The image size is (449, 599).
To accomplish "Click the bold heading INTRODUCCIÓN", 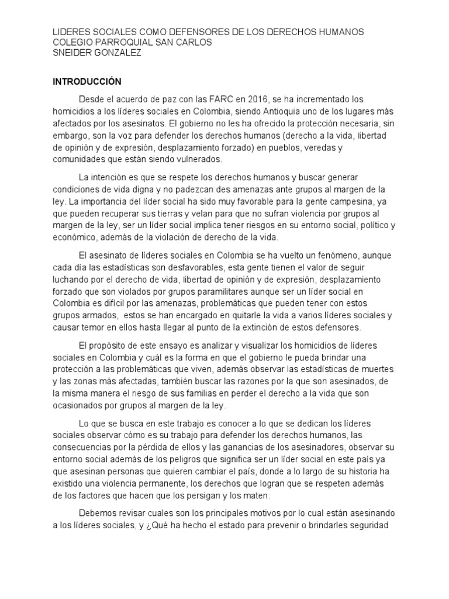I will (87, 81).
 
